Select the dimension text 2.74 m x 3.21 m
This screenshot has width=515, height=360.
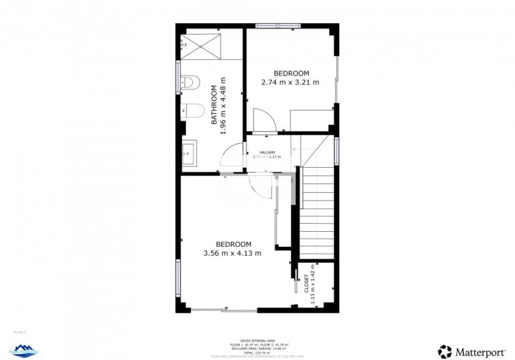[x=291, y=82]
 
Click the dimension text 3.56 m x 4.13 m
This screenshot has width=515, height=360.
[x=233, y=253]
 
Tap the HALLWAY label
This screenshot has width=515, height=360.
[x=266, y=152]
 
